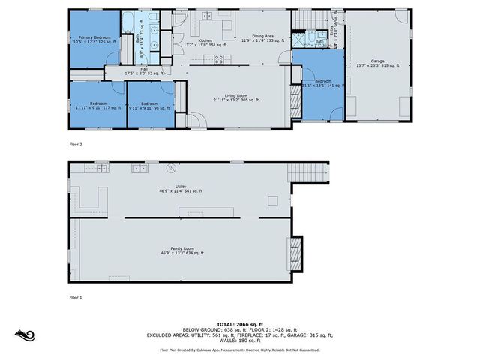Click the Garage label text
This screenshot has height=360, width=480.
coord(377,63)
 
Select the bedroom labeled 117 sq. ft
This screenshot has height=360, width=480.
coord(97,105)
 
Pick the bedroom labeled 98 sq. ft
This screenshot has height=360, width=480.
coord(149,105)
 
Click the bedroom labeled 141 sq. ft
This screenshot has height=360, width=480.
coord(322,82)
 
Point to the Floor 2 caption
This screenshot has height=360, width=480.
coord(76,143)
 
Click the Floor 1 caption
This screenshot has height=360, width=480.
coord(76,297)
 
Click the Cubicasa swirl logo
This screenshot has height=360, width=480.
coord(25,335)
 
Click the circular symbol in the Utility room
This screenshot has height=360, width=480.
coord(170,169)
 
